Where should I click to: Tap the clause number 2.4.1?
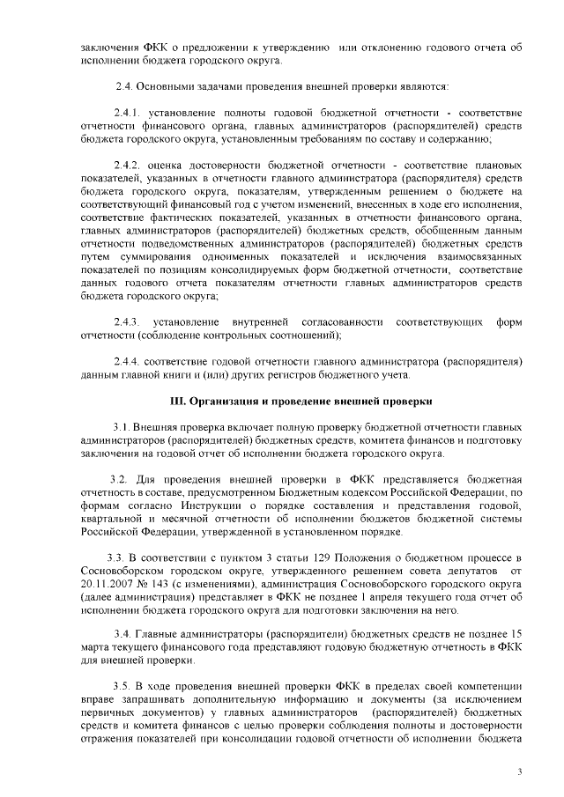(x=129, y=114)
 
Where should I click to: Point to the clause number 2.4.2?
(x=129, y=166)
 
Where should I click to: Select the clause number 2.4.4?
(x=129, y=361)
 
